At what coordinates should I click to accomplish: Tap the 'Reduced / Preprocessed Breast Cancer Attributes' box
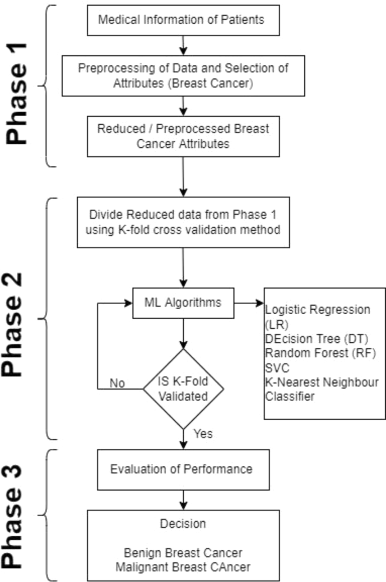coord(183,136)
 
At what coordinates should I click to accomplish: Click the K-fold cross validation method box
coord(183,222)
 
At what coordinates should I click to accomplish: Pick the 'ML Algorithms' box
coord(183,303)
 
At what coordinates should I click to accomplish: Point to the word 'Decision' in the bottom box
coord(183,524)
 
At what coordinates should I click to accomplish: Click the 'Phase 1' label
coord(21,86)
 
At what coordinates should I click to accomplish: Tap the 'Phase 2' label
coord(21,319)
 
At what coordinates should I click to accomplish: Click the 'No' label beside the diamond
coord(117,383)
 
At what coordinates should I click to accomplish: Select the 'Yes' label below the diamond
coord(203,434)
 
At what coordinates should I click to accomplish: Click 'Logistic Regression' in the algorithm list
coord(317,310)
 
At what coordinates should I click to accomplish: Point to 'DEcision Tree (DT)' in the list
coord(312,339)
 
